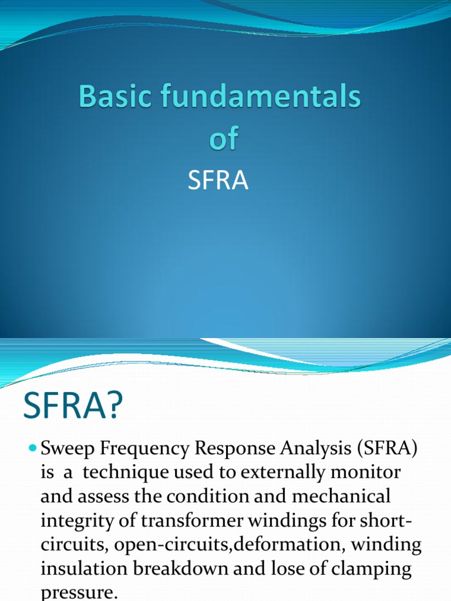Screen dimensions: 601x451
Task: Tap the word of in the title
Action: click(224, 139)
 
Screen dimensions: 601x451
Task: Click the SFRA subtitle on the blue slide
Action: click(218, 181)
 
